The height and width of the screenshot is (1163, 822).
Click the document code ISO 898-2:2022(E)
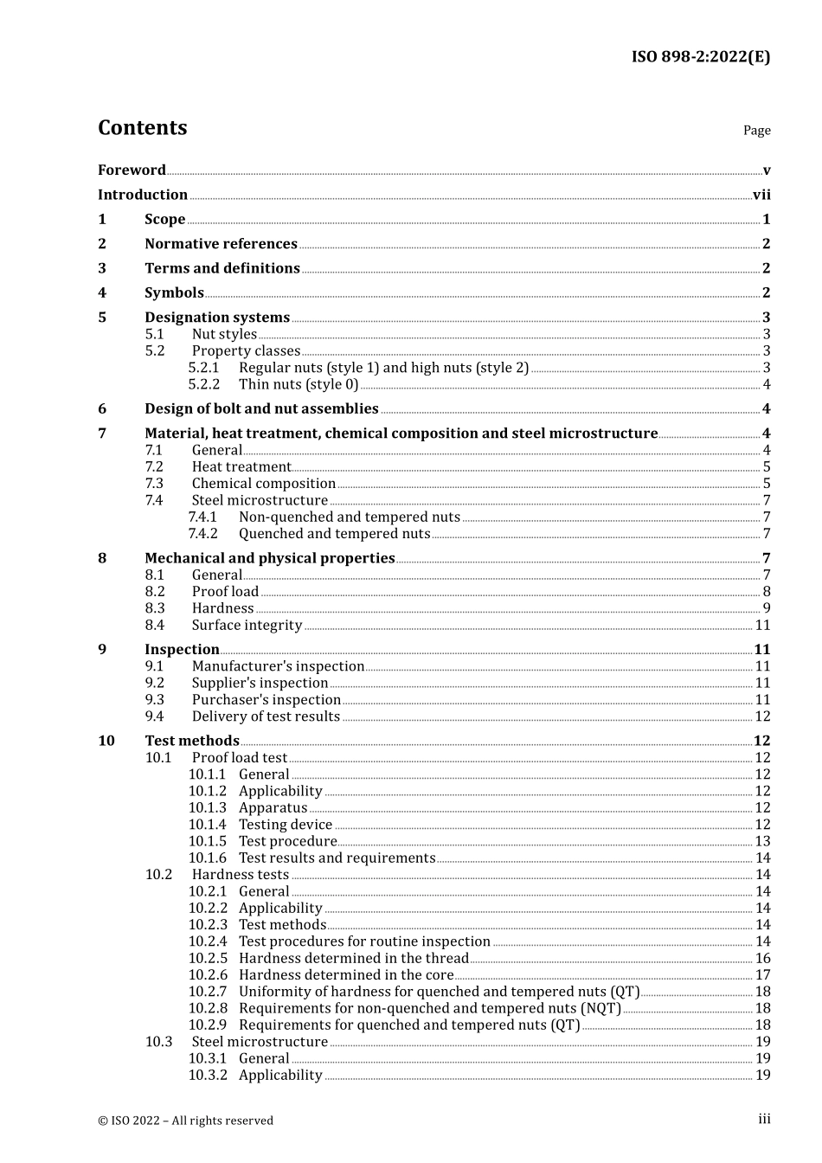click(x=700, y=57)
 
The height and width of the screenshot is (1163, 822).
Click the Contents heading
click(x=142, y=128)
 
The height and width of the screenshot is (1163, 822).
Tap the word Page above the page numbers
click(x=756, y=131)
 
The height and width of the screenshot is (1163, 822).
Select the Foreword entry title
click(x=132, y=170)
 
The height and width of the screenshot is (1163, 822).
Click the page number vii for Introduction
click(x=761, y=195)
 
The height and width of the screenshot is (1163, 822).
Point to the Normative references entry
click(x=221, y=244)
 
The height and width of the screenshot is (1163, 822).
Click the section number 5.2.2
click(x=204, y=384)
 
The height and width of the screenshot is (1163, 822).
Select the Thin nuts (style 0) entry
click(x=299, y=384)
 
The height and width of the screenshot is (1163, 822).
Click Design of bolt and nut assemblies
click(x=261, y=408)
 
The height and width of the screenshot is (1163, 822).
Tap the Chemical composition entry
click(x=263, y=484)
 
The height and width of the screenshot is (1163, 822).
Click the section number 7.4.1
click(x=203, y=517)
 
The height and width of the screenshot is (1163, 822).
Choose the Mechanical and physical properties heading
click(x=269, y=558)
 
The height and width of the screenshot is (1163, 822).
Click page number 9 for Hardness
click(x=766, y=608)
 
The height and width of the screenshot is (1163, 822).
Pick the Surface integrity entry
click(x=247, y=625)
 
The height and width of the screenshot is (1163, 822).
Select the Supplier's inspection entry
click(x=260, y=683)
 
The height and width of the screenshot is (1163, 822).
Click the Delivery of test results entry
click(x=266, y=716)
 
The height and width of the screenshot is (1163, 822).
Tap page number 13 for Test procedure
click(x=762, y=841)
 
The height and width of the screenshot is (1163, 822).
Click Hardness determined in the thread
click(x=353, y=958)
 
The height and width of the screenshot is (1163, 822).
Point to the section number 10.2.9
click(x=208, y=1025)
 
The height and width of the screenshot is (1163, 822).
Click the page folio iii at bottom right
click(x=764, y=1120)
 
